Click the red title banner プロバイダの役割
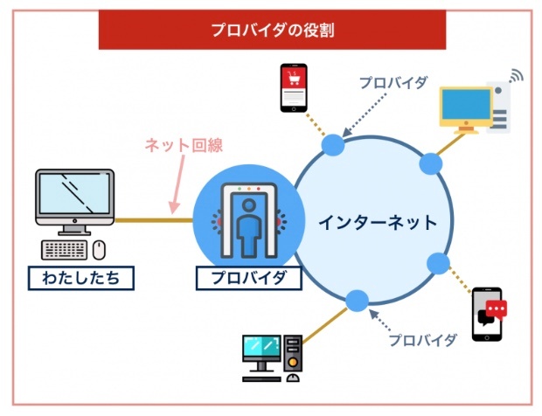pyautogui.click(x=272, y=30)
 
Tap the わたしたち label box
pyautogui.click(x=81, y=278)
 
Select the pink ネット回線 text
pyautogui.click(x=184, y=145)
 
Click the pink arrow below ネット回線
pyautogui.click(x=177, y=184)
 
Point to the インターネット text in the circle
pyautogui.click(x=378, y=222)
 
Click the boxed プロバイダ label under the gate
pyautogui.click(x=248, y=278)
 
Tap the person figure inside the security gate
pyautogui.click(x=249, y=227)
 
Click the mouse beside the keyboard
pyautogui.click(x=99, y=250)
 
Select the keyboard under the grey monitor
pyautogui.click(x=65, y=250)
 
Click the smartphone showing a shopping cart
pyautogui.click(x=294, y=87)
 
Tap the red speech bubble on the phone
pyautogui.click(x=496, y=309)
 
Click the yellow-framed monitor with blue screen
pyautogui.click(x=466, y=110)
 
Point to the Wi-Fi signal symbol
pyautogui.click(x=516, y=76)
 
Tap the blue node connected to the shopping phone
pyautogui.click(x=333, y=145)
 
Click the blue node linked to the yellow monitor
pyautogui.click(x=431, y=163)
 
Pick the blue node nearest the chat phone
pyautogui.click(x=438, y=263)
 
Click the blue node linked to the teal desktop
pyautogui.click(x=357, y=301)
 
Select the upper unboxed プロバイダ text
pyautogui.click(x=393, y=83)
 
